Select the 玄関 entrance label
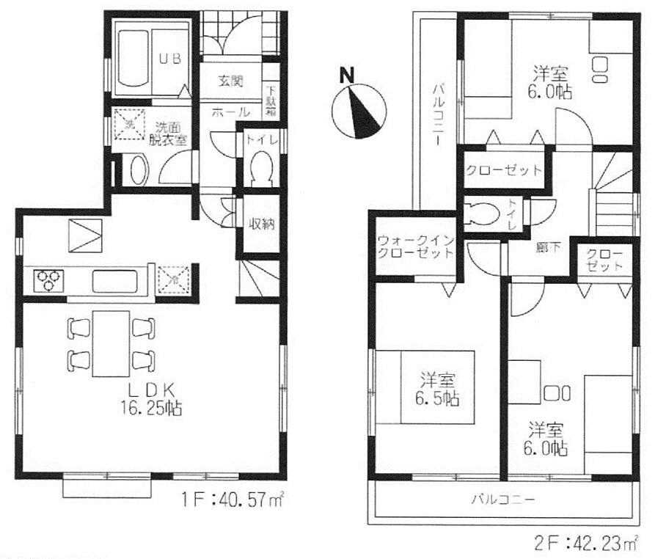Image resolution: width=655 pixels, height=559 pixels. [230, 81]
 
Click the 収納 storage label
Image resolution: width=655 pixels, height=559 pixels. [260, 224]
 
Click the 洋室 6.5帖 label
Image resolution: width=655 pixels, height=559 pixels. [439, 390]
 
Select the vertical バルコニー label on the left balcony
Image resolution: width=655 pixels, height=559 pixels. [437, 114]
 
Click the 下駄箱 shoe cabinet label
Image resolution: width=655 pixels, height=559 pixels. [271, 102]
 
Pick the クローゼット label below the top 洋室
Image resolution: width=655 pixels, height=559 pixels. [505, 170]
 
